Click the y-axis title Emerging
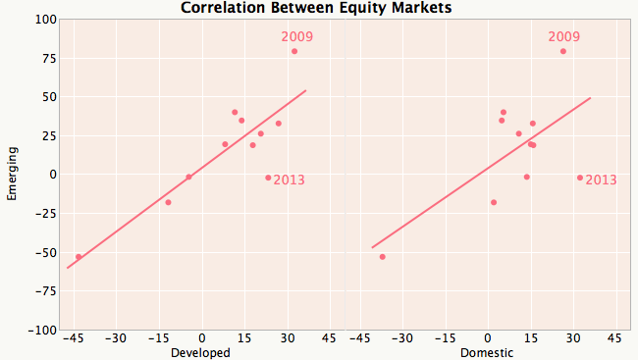coord(12,175)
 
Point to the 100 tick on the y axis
coord(45,20)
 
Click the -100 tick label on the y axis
coord(42,331)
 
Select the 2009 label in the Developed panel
coord(297,37)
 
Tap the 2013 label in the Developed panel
coord(289,180)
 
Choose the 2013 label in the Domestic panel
coord(601,180)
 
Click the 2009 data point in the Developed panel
coord(294,51)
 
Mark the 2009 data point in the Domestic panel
coord(563,51)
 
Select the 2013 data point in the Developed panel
coord(268,178)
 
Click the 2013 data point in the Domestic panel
coord(580,178)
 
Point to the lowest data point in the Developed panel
coord(79,257)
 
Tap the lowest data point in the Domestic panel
coord(382,257)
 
